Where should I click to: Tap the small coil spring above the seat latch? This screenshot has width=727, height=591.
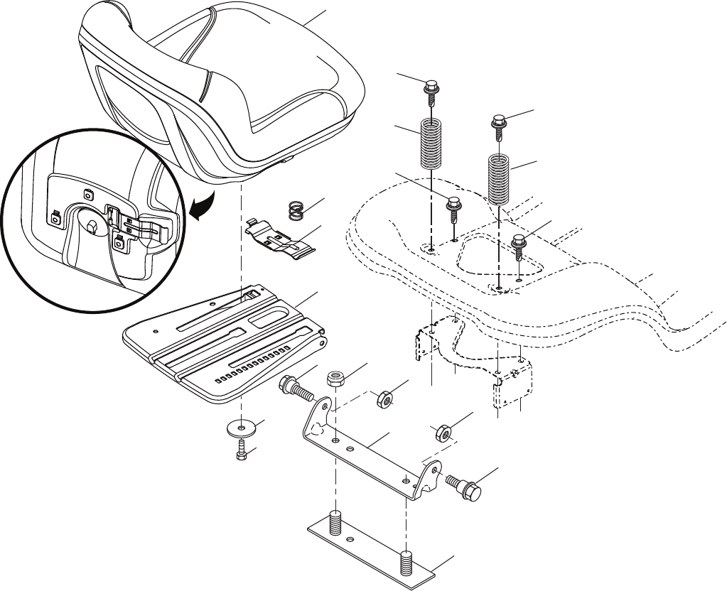[x=296, y=210]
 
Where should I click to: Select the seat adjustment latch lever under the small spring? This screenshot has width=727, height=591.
[x=283, y=239]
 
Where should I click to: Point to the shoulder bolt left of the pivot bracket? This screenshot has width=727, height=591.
[x=296, y=389]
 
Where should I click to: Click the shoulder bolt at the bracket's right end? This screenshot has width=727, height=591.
[x=464, y=486]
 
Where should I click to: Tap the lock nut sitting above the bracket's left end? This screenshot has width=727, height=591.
[x=335, y=377]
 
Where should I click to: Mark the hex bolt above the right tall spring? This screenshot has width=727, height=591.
[x=499, y=124]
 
